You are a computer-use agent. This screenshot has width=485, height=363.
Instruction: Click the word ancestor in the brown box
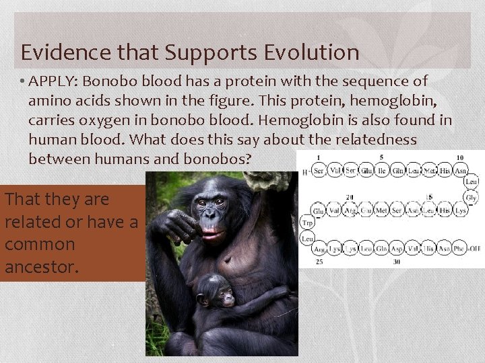point(42,266)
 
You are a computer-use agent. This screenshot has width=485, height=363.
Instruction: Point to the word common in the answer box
point(40,244)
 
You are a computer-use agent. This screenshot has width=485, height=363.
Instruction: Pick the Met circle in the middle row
point(381,210)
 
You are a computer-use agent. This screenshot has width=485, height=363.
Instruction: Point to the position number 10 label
point(459,158)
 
